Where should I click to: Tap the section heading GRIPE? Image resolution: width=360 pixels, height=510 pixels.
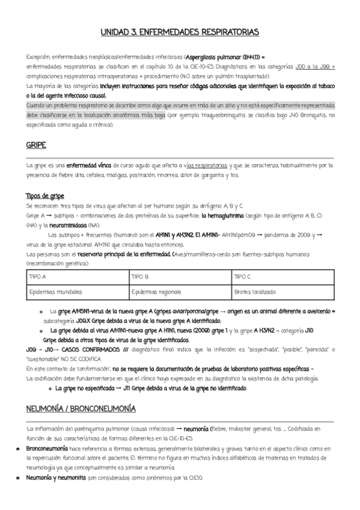coord(37,146)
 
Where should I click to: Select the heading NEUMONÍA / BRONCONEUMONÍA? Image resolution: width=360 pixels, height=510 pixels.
coord(82,392)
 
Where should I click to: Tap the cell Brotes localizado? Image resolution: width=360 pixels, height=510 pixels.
coord(255,292)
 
